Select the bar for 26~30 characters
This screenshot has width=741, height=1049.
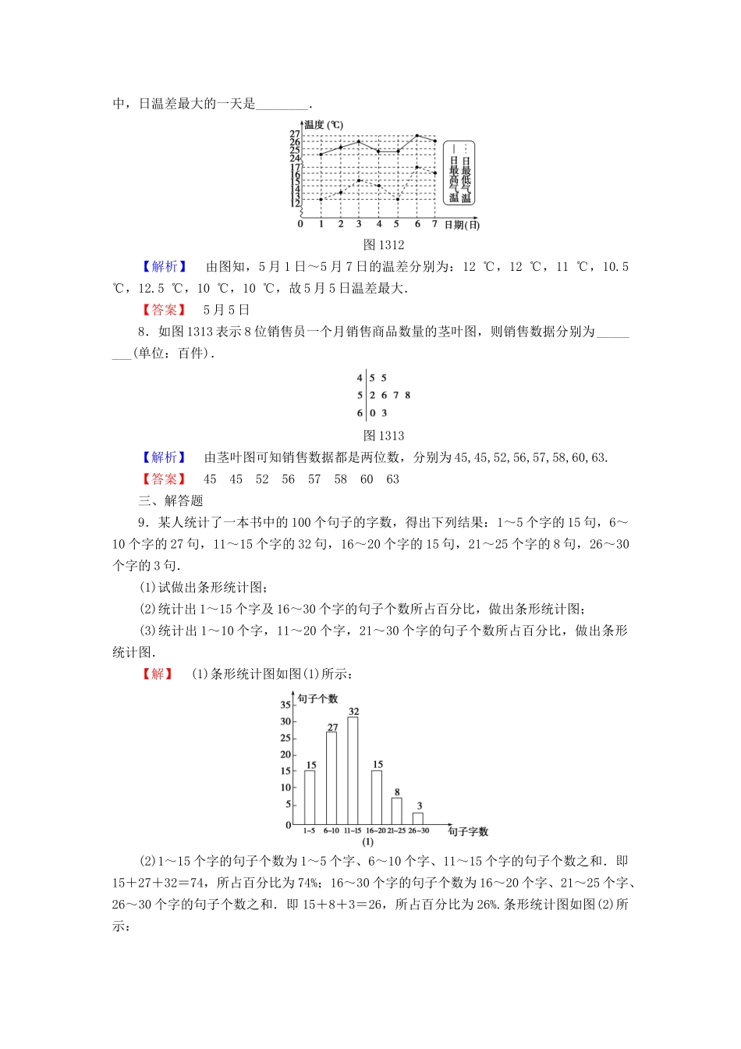pos(418,818)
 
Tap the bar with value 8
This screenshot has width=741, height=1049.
pos(397,810)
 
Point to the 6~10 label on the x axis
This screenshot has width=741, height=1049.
pos(331,830)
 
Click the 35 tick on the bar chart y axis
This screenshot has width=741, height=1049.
pos(285,705)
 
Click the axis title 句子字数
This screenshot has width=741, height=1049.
pos(468,832)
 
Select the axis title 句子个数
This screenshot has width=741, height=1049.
pos(318,699)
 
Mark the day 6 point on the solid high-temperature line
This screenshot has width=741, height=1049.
pos(417,136)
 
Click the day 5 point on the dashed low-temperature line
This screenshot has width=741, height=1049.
pos(398,199)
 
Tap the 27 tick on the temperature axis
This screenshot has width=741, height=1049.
pos(295,134)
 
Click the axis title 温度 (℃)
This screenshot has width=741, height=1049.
pos(324,125)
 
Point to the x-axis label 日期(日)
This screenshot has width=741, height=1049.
pos(462,225)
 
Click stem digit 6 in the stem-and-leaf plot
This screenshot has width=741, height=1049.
pos(360,414)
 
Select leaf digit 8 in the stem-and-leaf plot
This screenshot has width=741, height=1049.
pos(408,396)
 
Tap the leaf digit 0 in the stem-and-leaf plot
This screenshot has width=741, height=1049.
pos(373,414)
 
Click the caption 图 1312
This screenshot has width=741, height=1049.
pos(384,245)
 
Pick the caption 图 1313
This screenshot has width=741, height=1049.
pos(384,436)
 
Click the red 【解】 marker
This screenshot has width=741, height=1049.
pos(158,674)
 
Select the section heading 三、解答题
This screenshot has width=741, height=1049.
pos(171,500)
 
